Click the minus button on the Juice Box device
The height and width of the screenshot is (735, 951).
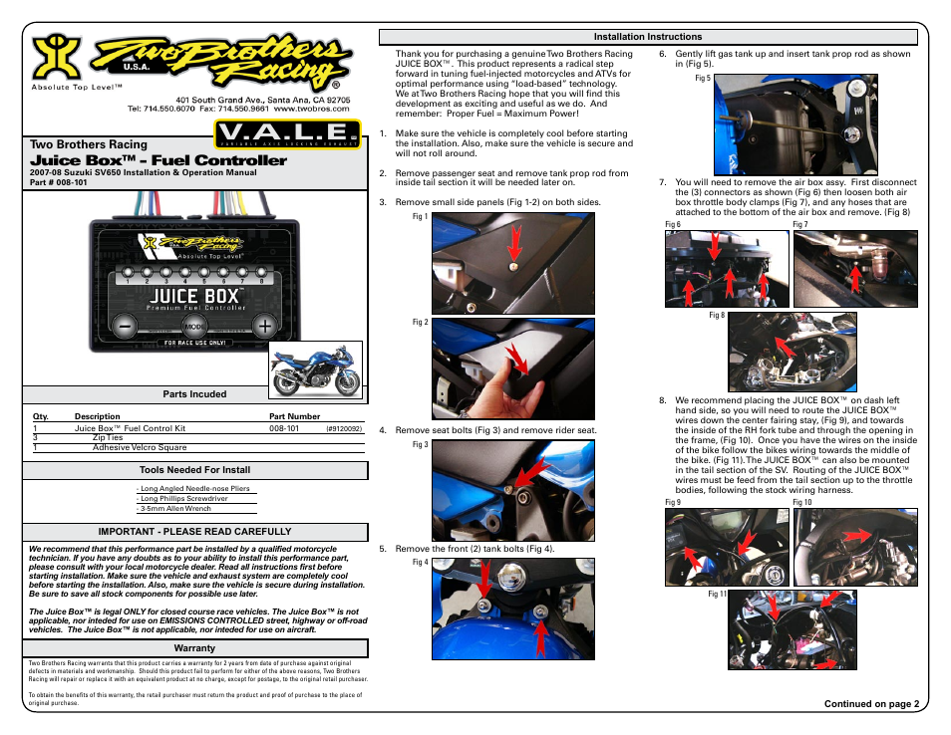coord(124,325)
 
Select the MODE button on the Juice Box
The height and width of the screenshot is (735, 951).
coord(195,326)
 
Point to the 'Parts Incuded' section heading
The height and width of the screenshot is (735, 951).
coord(195,394)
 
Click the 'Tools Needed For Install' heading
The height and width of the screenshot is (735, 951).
coord(195,469)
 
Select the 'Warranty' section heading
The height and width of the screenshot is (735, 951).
coord(195,648)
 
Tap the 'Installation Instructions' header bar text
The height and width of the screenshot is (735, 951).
coord(648,37)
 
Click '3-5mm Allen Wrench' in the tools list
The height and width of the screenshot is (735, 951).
coord(175,509)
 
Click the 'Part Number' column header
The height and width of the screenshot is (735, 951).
coord(295,416)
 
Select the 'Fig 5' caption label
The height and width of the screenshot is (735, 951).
coord(702,78)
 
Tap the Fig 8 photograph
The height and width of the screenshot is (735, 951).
coord(793,353)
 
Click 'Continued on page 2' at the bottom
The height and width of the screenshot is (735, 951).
coord(869,704)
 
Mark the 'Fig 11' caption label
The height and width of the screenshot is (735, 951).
coord(717,595)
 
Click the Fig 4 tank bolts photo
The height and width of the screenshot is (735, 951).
coord(512,608)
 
